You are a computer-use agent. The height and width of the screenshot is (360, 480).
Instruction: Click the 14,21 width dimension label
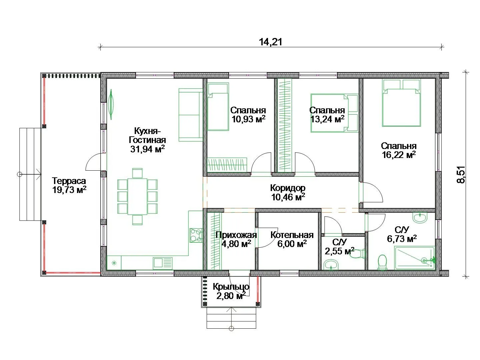[x=271, y=42]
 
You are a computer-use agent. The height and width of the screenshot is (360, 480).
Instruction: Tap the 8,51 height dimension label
[x=461, y=175]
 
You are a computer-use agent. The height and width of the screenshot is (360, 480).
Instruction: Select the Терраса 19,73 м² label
[x=69, y=185]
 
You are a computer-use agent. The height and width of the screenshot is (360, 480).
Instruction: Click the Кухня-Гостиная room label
[x=147, y=140]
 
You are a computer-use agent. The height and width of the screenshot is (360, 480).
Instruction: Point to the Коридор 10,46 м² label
[x=288, y=192]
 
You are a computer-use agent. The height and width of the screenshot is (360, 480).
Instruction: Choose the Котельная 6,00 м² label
[x=292, y=239]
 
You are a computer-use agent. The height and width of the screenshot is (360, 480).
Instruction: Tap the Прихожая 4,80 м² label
[x=236, y=239]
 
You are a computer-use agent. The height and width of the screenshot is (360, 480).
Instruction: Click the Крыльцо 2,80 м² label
[x=231, y=291]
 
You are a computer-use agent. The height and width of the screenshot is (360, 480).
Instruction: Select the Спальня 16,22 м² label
[x=399, y=150]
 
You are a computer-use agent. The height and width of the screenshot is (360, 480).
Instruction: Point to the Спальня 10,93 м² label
[x=248, y=115]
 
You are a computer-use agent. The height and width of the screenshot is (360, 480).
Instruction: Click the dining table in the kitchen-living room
[x=137, y=196]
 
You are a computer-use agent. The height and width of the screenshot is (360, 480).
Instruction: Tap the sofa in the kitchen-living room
[x=191, y=115]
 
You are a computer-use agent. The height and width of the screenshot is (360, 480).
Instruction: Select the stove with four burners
[x=196, y=235]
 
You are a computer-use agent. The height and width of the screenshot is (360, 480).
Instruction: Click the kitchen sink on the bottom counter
[x=163, y=263]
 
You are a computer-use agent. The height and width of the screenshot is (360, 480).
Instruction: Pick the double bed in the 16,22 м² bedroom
[x=401, y=103]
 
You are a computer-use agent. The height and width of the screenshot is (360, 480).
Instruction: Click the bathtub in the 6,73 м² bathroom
[x=415, y=258]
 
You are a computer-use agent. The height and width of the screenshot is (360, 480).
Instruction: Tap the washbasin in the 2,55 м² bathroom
[x=331, y=265]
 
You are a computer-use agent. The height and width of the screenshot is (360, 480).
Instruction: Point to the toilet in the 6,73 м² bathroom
[x=382, y=262]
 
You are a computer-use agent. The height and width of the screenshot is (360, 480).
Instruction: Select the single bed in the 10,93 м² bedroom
[x=218, y=107]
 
